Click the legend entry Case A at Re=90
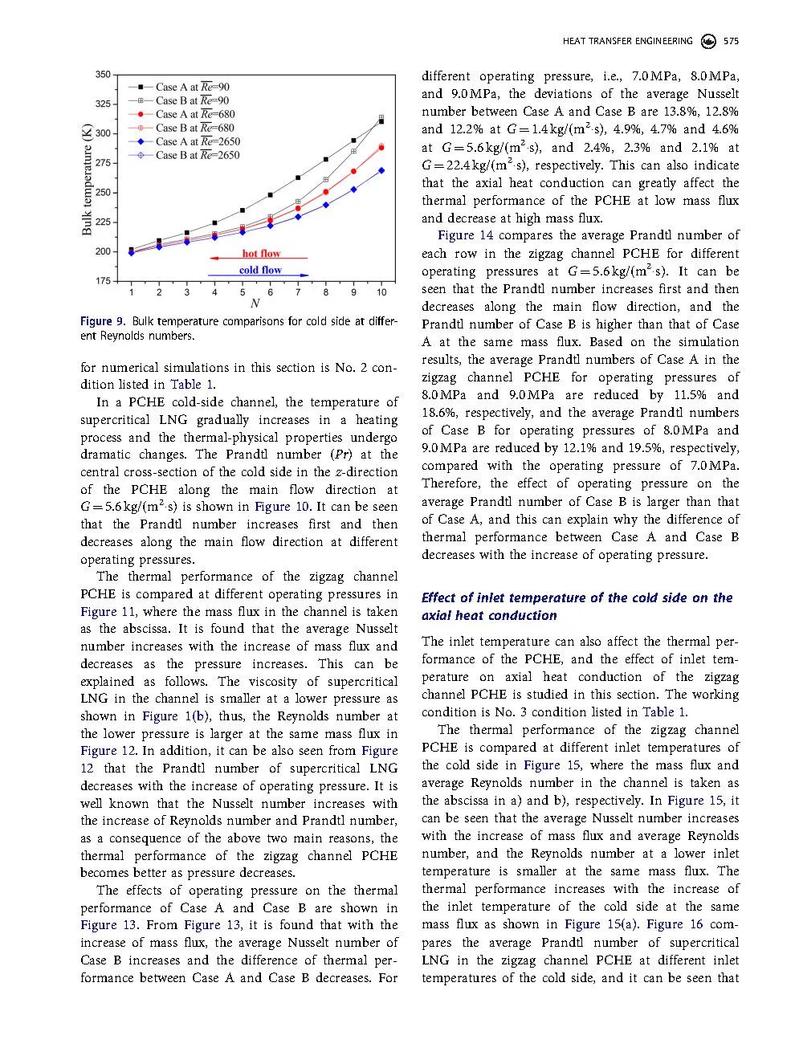(x=192, y=87)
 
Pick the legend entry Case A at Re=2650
(x=198, y=141)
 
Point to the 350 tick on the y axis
(x=103, y=75)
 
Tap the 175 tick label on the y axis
(x=103, y=281)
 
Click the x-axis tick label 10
(x=381, y=292)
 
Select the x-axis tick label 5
(x=243, y=292)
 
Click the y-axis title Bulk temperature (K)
(x=87, y=178)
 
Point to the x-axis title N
(x=255, y=304)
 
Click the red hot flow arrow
(x=258, y=259)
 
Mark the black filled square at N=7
(x=298, y=177)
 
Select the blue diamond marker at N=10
(x=381, y=170)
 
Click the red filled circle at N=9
(x=353, y=172)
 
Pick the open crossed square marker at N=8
(x=326, y=180)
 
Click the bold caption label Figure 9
(x=102, y=322)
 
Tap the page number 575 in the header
(x=731, y=41)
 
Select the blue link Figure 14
(x=466, y=235)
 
